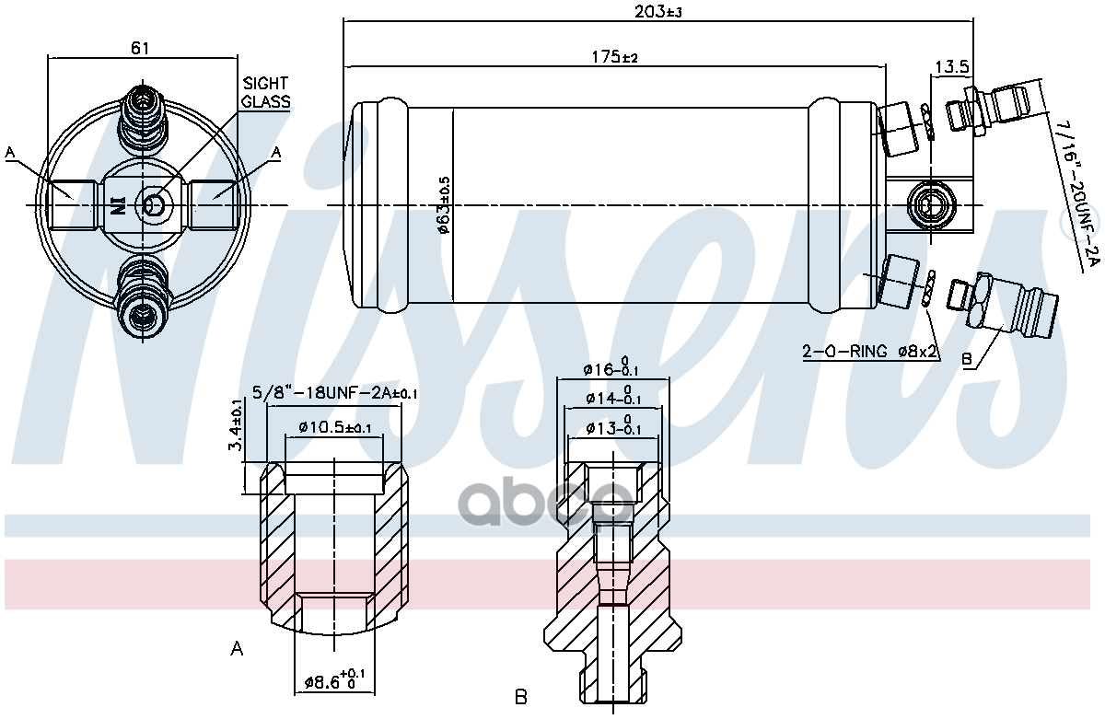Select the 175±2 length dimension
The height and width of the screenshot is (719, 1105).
pos(615,57)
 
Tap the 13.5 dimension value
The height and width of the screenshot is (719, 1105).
pos(952,66)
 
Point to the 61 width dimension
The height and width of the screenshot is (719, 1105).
pos(140,48)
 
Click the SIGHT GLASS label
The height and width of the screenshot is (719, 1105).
pos(266,92)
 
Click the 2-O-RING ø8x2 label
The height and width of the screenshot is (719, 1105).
pos(870,352)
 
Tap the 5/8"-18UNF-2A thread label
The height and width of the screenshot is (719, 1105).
pos(334,393)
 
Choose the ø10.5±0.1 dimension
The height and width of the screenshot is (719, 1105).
pos(334,427)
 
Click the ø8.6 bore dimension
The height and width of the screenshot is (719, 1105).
pos(335,682)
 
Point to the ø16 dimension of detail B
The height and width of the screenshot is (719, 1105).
pos(611,368)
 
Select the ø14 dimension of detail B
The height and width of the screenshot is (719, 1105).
pos(611,398)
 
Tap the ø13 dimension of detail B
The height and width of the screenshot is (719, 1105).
pos(611,427)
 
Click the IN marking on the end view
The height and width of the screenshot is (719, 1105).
pos(117,204)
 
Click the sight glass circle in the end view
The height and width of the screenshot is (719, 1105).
pos(154,204)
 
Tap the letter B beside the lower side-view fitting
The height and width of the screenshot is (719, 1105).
pos(967,360)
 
